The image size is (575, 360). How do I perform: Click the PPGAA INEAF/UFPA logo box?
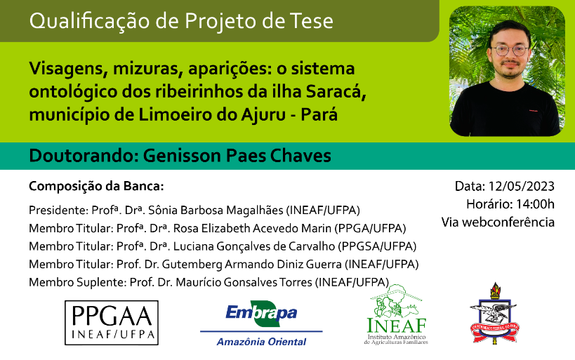[x=112, y=323]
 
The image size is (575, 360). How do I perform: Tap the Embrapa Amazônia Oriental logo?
[x=261, y=324]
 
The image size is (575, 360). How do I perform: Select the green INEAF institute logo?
[x=396, y=314]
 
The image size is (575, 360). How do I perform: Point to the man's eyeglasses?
[x=511, y=51]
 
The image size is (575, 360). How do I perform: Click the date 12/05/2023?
[x=521, y=186]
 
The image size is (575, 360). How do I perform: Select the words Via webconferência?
[x=498, y=222]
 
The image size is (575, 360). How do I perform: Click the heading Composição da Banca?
[x=96, y=186]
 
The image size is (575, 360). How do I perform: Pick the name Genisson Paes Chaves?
[x=237, y=155]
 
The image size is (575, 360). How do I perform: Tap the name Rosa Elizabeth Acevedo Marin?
[x=252, y=228]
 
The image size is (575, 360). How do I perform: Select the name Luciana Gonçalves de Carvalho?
[x=253, y=246]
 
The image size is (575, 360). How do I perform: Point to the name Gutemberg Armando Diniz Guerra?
[x=251, y=265]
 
